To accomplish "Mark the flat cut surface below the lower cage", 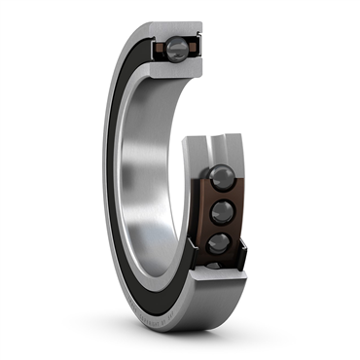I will coord(219,277).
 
